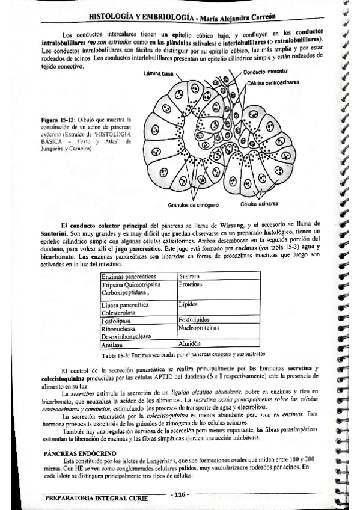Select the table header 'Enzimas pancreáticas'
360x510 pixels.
[127, 277]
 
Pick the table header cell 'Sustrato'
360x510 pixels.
[189, 277]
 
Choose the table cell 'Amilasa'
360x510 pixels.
[113, 346]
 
